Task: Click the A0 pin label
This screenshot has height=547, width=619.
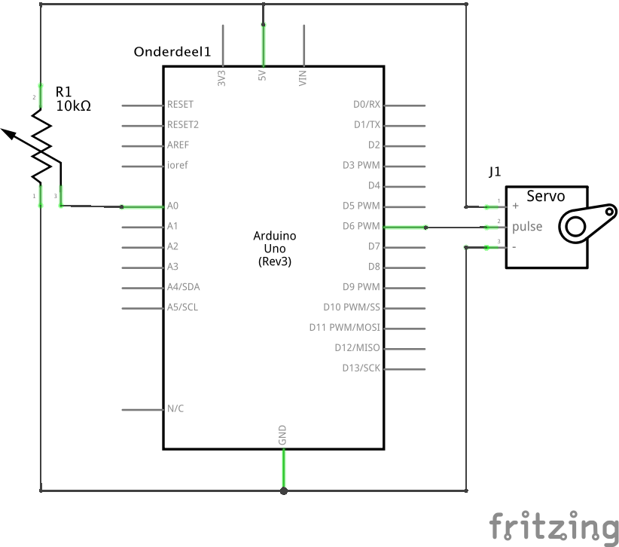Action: pos(173,206)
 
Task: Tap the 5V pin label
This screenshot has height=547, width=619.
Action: pos(262,77)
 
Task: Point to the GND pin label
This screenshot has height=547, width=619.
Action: pos(283,434)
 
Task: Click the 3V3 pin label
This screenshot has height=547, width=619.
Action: pos(221,78)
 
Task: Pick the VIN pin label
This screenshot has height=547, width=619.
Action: pos(303,77)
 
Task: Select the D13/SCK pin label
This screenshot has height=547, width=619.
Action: pos(361,368)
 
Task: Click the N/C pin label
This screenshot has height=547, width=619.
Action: pos(175,409)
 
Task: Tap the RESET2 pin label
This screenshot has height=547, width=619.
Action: pos(183,125)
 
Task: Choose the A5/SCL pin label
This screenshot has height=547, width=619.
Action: pos(184,307)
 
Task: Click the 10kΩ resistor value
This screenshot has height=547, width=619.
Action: pos(73,107)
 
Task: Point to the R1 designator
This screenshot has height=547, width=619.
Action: pos(64,92)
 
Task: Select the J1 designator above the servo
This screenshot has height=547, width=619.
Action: pos(495,172)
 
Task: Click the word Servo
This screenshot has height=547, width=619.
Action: pos(545,197)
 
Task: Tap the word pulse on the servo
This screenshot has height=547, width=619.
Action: pos(527,227)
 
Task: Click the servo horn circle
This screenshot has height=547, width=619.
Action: pos(575,227)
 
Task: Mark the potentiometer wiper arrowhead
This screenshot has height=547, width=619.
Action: pos(8,133)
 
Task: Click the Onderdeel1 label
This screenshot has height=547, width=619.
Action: pos(172,52)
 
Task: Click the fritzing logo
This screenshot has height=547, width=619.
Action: pos(553,526)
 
